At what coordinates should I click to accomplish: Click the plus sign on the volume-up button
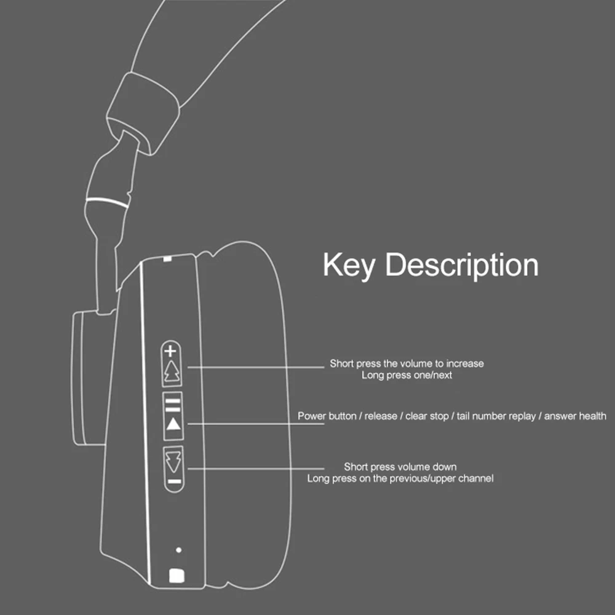tap(170, 351)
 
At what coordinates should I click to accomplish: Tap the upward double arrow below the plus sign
tap(172, 371)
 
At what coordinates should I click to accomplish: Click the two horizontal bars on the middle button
tap(173, 405)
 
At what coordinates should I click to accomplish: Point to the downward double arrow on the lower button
tap(173, 461)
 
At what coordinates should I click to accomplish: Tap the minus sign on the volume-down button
tap(174, 482)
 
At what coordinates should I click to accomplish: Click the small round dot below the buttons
tap(178, 550)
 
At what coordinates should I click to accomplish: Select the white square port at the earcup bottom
tap(176, 576)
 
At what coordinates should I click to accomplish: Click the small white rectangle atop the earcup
tap(168, 258)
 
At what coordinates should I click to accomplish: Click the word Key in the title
tap(348, 266)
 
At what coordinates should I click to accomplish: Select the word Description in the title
tap(462, 266)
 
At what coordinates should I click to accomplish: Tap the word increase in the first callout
tap(465, 363)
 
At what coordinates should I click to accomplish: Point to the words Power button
tap(327, 416)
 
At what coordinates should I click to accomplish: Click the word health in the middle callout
tap(591, 416)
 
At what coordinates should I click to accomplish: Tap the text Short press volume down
tap(400, 467)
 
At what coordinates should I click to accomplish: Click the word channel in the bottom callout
tap(476, 478)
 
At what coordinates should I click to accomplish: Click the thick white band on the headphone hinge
tap(108, 202)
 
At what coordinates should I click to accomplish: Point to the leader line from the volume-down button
tap(256, 468)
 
